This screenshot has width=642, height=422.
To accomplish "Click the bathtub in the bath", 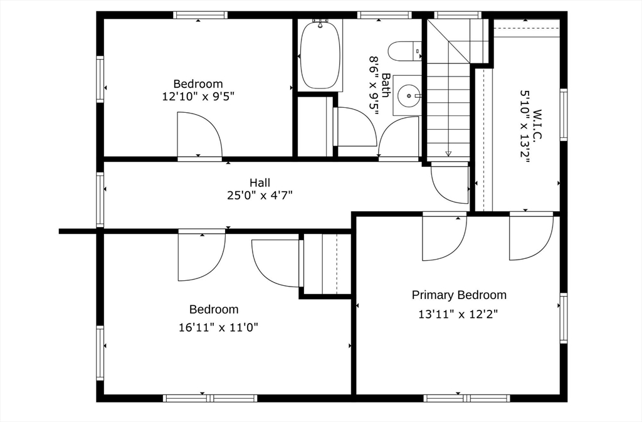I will click(x=320, y=55).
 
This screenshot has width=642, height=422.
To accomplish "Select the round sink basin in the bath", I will click(x=410, y=96).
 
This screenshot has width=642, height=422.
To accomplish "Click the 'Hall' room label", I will click(x=260, y=182).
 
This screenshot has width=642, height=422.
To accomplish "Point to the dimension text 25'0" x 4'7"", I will click(x=260, y=195).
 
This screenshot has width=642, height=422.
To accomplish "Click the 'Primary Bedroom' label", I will click(x=459, y=295).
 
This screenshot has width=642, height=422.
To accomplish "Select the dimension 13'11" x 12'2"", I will click(x=458, y=314).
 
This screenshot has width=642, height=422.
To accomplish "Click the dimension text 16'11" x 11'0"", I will click(x=219, y=327).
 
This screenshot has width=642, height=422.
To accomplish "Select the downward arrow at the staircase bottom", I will click(x=448, y=152).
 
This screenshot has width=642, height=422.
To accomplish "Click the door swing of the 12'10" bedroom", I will click(x=199, y=134).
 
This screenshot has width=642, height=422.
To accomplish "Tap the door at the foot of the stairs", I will click(x=450, y=184).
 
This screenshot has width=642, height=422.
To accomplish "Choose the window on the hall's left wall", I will click(x=100, y=199).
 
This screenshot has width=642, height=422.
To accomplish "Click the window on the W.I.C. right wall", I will click(x=563, y=115).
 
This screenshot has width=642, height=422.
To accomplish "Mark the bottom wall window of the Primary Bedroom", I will click(x=466, y=398).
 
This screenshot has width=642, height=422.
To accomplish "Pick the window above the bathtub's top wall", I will click(x=384, y=15).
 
